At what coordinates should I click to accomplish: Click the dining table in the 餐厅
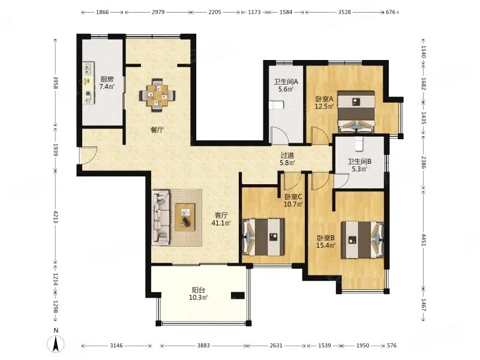pyautogui.click(x=158, y=95)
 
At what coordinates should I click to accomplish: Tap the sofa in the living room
pyautogui.click(x=161, y=217)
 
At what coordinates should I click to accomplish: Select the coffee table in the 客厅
pyautogui.click(x=185, y=217)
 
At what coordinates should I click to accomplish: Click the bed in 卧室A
pyautogui.click(x=356, y=111)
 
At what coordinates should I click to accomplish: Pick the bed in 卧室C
pyautogui.click(x=263, y=237)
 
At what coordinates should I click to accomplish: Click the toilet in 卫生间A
pyautogui.click(x=277, y=105)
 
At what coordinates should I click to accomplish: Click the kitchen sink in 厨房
pyautogui.click(x=88, y=69)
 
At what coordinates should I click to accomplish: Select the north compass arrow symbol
pyautogui.click(x=56, y=343)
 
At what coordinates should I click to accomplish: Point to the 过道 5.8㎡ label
pyautogui.click(x=287, y=159)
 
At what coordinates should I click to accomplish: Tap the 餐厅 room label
pyautogui.click(x=157, y=130)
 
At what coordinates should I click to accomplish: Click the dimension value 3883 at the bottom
pyautogui.click(x=203, y=346)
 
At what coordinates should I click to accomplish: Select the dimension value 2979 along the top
pyautogui.click(x=158, y=12)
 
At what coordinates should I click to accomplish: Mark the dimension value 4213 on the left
pyautogui.click(x=55, y=217)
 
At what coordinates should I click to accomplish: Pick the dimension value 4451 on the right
pyautogui.click(x=424, y=239)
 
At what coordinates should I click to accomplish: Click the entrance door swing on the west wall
pyautogui.click(x=89, y=155)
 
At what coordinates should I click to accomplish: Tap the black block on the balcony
pyautogui.click(x=238, y=295)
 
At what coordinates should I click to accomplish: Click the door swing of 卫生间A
pyautogui.click(x=280, y=135)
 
